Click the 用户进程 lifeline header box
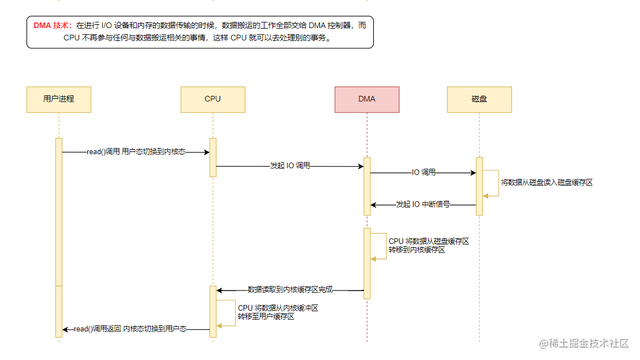coord(59,99)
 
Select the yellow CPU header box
coord(212,99)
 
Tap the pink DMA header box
coord(367,99)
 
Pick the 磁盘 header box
coord(479,99)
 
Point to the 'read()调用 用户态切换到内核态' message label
coord(136,152)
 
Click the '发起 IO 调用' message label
coord(290,165)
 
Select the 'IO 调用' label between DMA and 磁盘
coord(423,173)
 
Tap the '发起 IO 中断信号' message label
coord(423,204)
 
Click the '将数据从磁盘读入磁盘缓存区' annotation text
coord(546,182)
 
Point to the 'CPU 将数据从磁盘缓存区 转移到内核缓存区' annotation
coord(429,246)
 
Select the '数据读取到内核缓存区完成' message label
coord(290,290)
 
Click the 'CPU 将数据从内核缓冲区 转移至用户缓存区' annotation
coord(277,312)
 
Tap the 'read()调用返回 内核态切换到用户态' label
coord(130,329)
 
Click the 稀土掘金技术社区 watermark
coord(584,344)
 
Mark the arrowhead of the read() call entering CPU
coord(208,152)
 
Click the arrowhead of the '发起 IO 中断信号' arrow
coord(372,205)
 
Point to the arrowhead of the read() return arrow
coord(64,329)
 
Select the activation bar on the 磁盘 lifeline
coord(480,186)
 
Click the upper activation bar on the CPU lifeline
coord(213,158)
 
